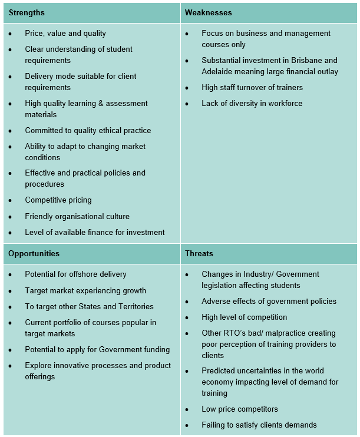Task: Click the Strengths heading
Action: (x=26, y=12)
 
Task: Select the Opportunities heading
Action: (x=34, y=254)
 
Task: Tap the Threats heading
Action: (x=199, y=254)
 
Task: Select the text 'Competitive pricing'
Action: (x=58, y=200)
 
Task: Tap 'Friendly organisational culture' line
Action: (x=77, y=216)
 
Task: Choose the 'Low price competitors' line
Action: (x=240, y=409)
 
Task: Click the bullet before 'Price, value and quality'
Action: (x=11, y=34)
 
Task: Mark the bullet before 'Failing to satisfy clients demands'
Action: (x=187, y=426)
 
